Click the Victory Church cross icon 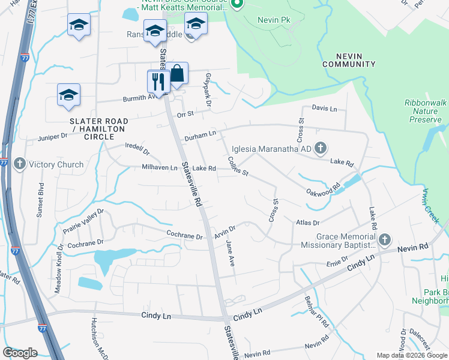pos(20,164)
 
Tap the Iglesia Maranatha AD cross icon pos(321,148)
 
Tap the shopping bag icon pos(177,74)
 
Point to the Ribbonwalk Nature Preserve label pos(426,111)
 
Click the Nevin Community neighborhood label pos(349,59)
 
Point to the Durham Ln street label pos(200,137)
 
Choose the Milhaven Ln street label pos(160,168)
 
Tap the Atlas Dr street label pos(308,223)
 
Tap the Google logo pos(20,353)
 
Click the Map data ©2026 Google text pos(411,355)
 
